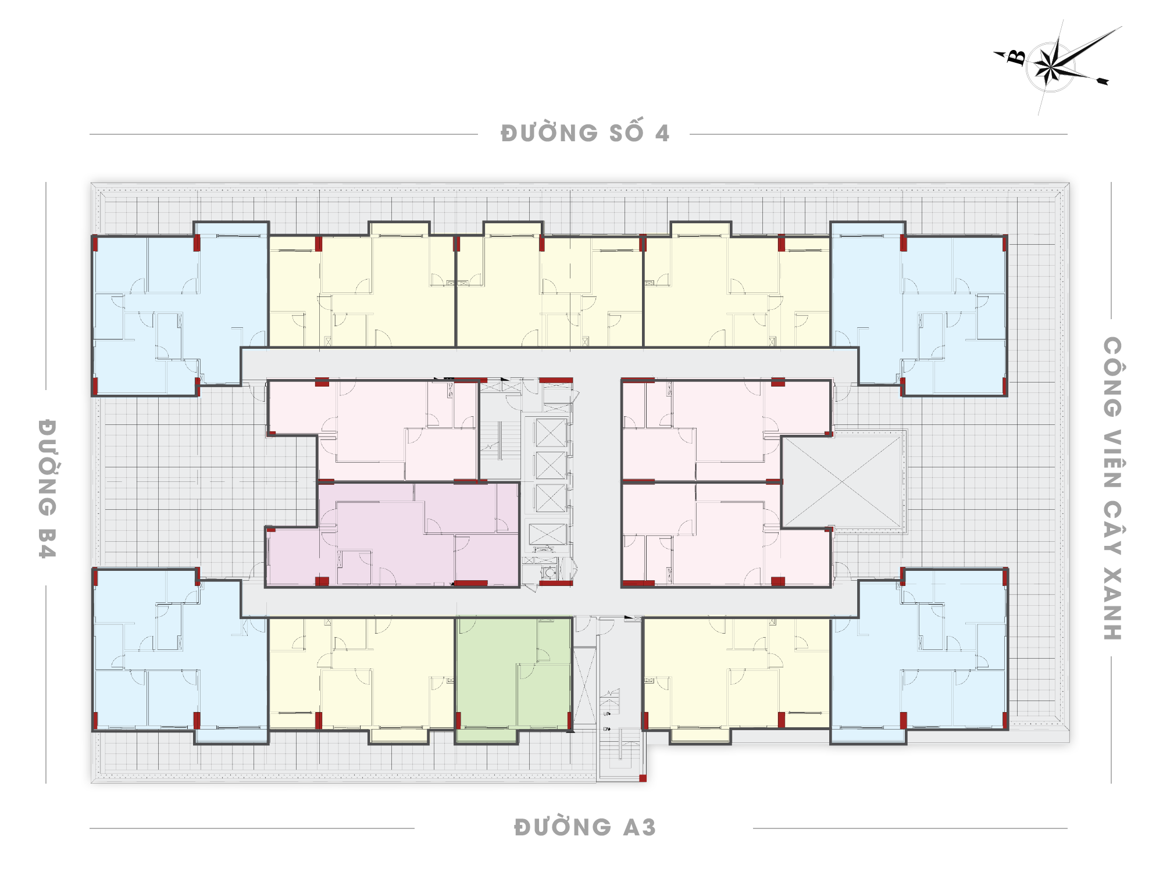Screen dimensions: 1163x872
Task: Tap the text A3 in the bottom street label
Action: point(640,827)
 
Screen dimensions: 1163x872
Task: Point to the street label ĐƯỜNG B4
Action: point(47,488)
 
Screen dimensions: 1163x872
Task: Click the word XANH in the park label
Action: point(1112,604)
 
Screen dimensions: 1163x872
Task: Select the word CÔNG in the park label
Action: point(1112,377)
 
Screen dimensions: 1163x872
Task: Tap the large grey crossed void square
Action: point(842,481)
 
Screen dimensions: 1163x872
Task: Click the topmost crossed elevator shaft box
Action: point(551,432)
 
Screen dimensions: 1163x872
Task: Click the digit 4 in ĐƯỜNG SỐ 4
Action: point(662,134)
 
